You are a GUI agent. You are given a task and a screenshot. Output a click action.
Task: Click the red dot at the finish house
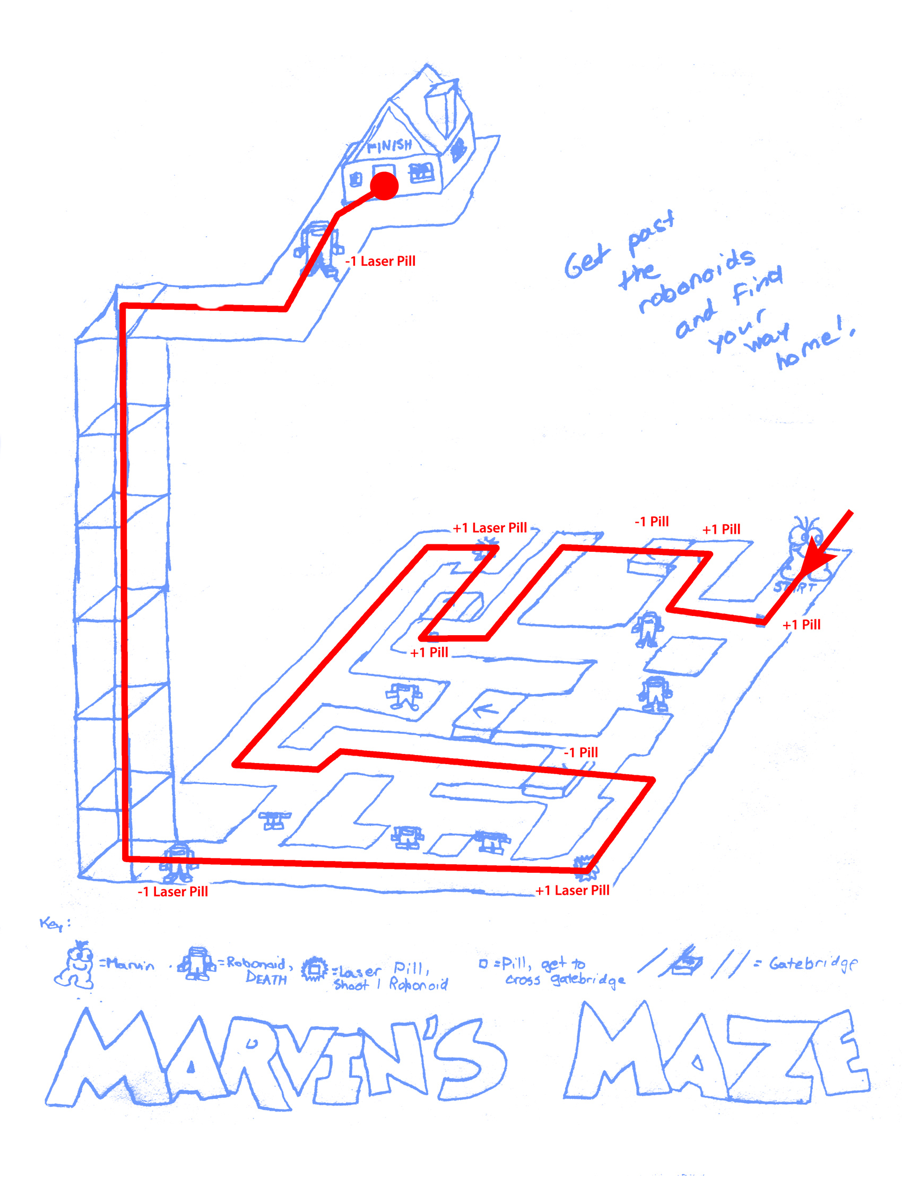pos(384,186)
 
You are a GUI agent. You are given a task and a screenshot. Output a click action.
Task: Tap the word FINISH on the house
pos(390,145)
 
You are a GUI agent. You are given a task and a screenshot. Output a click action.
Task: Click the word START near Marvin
pos(795,587)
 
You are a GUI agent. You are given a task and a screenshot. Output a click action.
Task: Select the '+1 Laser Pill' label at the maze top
pos(490,528)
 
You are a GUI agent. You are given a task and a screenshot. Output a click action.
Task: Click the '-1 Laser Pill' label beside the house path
pos(380,262)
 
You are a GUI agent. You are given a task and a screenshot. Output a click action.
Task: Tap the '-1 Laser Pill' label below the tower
pos(172,892)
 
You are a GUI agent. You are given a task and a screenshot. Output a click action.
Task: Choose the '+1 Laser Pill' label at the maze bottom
pos(573,891)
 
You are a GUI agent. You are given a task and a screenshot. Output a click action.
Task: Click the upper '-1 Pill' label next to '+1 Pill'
pos(651,521)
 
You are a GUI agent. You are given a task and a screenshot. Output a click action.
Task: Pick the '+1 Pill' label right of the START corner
pos(801,625)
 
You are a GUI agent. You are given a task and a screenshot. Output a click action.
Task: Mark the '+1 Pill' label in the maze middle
pos(429,652)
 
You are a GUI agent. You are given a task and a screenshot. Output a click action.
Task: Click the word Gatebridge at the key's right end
pos(813,964)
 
